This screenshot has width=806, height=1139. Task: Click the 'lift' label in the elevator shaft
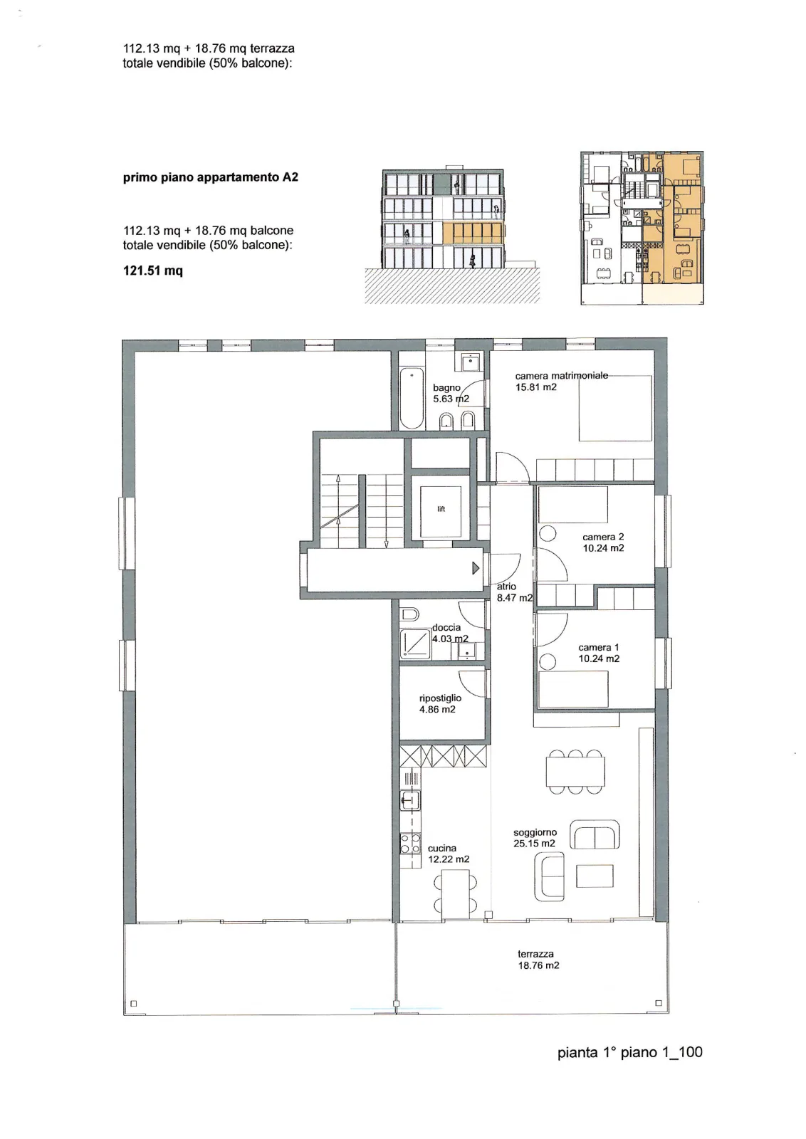pos(441,509)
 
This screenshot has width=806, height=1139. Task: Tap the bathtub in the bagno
pos(412,398)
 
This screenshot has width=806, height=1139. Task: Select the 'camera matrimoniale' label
pos(561,376)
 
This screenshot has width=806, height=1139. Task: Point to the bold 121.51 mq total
pos(153,271)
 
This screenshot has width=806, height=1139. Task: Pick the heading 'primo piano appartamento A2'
pos(211,177)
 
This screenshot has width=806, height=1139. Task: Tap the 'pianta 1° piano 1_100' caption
pos(630,1052)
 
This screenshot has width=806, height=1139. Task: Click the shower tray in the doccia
pos(415,645)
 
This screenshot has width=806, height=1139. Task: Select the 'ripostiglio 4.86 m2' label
pos(440,704)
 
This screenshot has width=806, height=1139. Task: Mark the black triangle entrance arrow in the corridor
pos(476,568)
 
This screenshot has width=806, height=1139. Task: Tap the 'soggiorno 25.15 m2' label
pos(535,838)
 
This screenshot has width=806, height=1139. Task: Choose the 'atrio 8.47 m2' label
pos(514,592)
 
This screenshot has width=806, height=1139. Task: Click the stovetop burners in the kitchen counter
pos(410,844)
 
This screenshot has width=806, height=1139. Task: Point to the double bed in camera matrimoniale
pos(615,409)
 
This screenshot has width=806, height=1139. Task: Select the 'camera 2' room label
pos(603,537)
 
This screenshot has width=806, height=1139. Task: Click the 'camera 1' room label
pos(599,647)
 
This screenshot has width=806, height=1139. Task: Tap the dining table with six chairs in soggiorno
pos(575,772)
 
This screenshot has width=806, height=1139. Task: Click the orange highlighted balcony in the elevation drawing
pos(473,233)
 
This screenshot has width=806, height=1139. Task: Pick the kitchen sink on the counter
pos(409,800)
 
